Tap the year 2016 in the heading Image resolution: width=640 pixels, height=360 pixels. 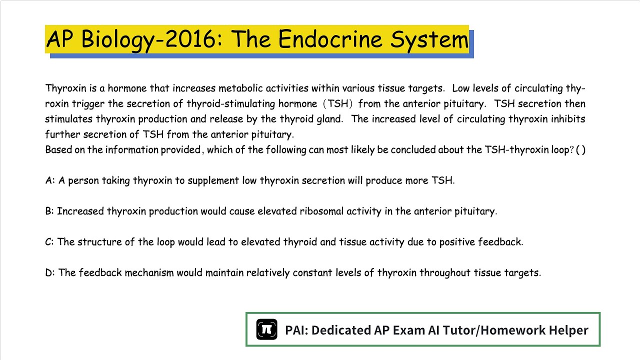pos(190,39)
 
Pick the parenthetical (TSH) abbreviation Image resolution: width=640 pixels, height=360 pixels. pos(337,104)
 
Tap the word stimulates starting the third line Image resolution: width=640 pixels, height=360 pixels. pos(69,119)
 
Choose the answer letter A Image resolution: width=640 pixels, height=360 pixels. pos(49,180)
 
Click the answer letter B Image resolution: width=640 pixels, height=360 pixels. pos(49,211)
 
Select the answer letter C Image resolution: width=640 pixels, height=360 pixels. pos(49,242)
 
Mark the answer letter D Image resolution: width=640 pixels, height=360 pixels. pos(49,272)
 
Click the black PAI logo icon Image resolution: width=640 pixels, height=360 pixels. pos(266,329)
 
